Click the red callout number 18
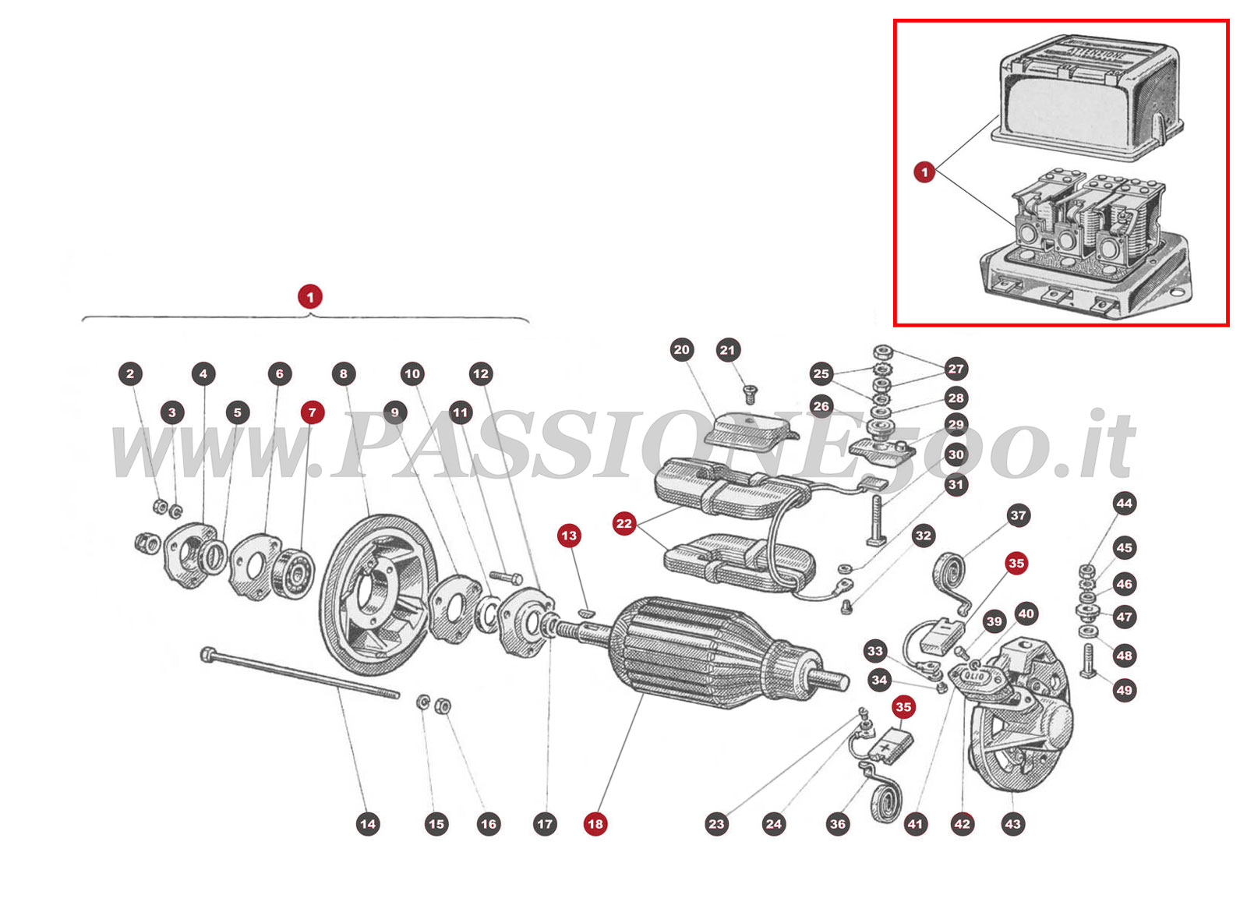tap(595, 824)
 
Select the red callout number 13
tap(569, 536)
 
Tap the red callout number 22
tap(623, 523)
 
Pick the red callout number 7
tap(313, 412)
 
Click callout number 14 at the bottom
tap(368, 824)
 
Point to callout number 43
tap(1012, 824)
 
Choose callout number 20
tap(682, 349)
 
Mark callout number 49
tap(1124, 690)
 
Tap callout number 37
tap(1018, 515)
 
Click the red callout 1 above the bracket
tap(310, 297)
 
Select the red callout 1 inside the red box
tap(924, 172)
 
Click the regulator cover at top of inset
tap(1087, 97)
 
